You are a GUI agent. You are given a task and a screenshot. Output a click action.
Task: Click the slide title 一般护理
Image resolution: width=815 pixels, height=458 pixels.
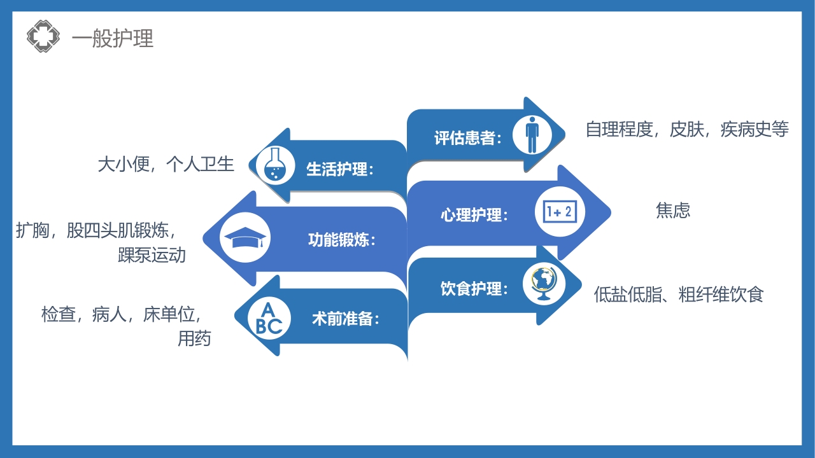(113, 39)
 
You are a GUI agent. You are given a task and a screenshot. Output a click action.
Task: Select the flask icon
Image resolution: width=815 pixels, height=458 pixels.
(273, 165)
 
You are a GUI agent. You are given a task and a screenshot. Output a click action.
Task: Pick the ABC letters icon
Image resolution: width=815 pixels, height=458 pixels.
(268, 318)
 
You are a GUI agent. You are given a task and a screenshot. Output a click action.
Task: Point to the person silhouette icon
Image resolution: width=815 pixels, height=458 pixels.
(532, 134)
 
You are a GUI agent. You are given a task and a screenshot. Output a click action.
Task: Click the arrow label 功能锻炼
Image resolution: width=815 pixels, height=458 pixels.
(341, 240)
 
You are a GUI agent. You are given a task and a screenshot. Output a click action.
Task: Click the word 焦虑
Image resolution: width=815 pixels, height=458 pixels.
(673, 211)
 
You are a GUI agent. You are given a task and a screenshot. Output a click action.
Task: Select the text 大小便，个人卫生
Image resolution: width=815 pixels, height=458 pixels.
(166, 165)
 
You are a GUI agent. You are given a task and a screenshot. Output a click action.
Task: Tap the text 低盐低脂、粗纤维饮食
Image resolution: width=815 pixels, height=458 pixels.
(678, 295)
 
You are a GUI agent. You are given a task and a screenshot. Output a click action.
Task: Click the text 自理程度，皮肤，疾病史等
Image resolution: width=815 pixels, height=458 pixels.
(687, 130)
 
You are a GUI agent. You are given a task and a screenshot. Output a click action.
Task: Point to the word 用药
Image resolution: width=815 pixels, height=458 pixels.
(194, 338)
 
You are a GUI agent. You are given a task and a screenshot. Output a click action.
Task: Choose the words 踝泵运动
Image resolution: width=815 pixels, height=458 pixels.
(152, 256)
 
